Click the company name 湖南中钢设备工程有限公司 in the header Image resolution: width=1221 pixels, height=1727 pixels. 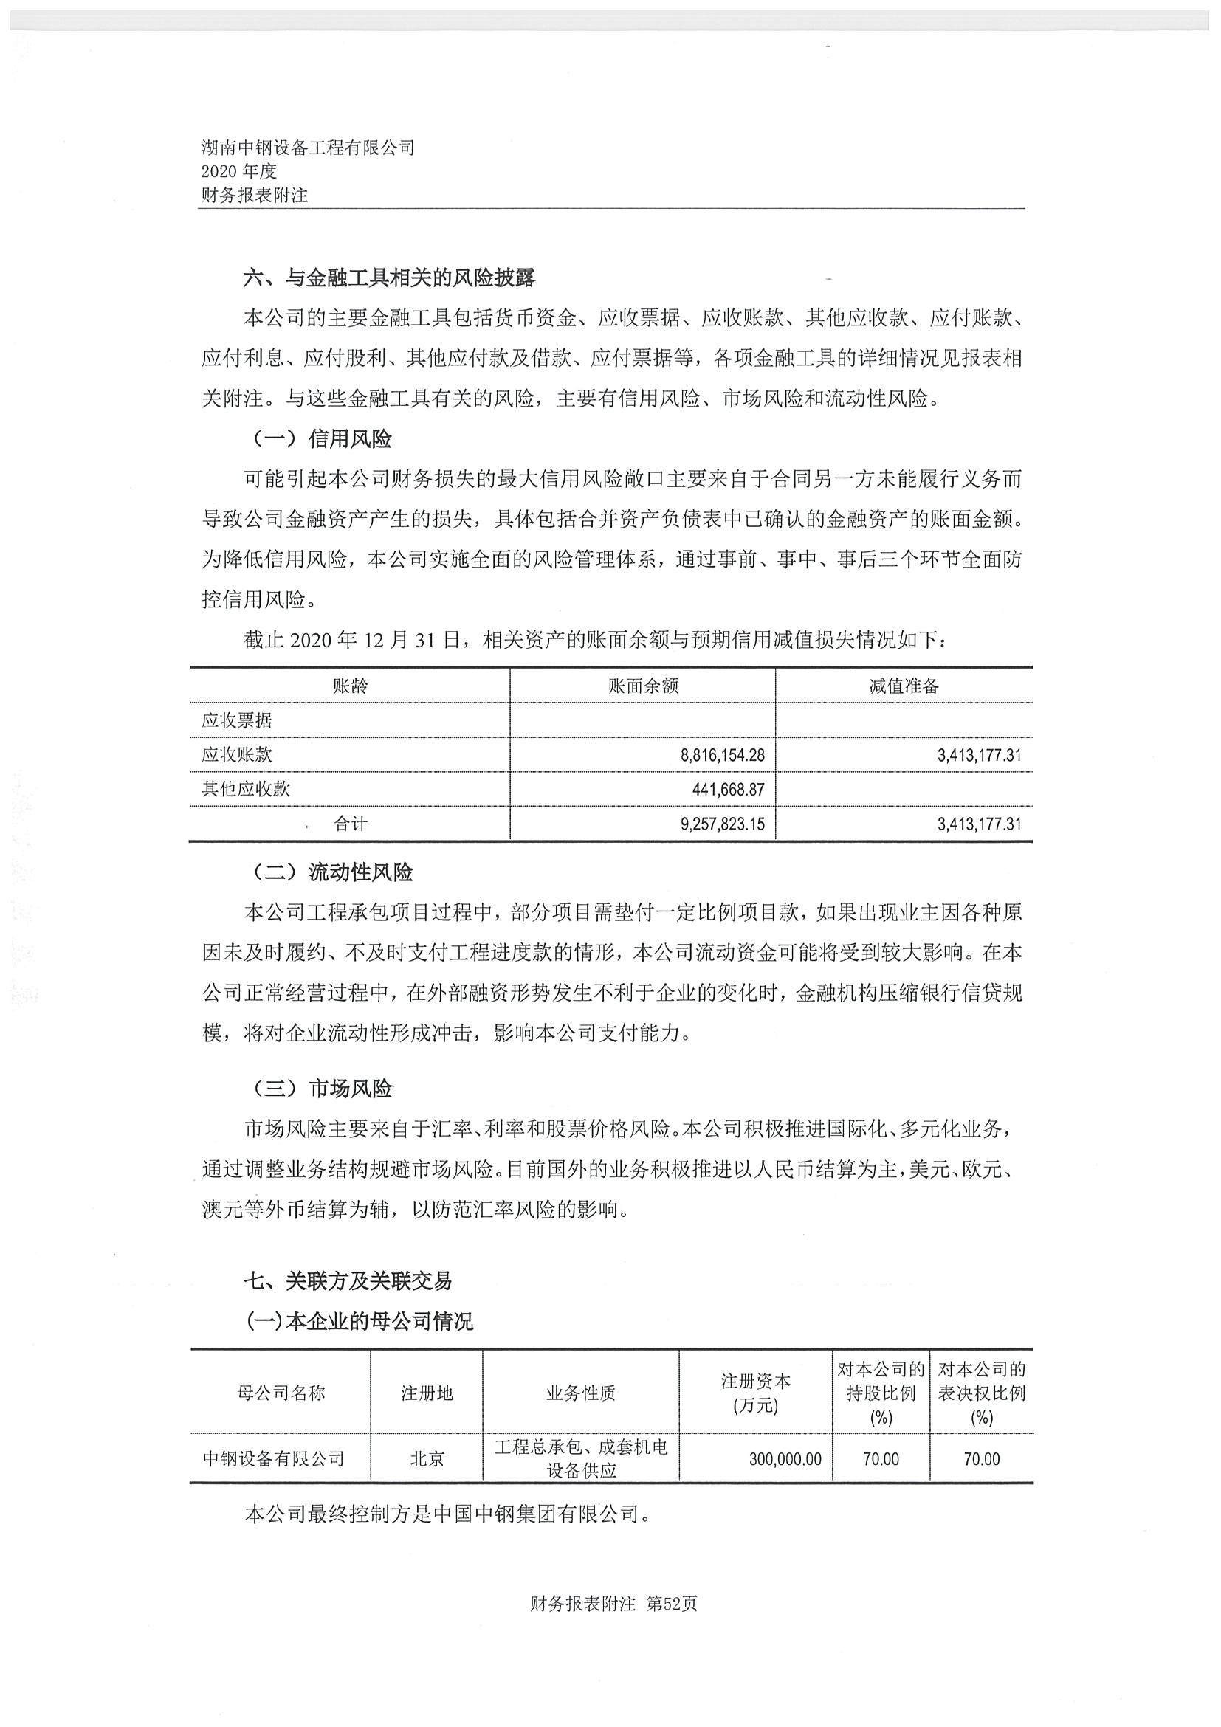308,148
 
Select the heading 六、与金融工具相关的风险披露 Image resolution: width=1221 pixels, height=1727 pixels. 389,278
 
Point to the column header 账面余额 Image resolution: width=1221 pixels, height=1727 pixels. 642,685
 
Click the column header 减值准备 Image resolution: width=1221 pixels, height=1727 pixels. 904,685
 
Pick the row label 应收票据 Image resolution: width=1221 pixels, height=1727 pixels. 236,720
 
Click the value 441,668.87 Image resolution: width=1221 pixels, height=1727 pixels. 728,789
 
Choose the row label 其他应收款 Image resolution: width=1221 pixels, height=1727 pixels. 245,789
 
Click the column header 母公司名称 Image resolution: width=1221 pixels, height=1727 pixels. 281,1393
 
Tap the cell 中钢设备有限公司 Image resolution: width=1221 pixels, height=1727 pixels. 273,1459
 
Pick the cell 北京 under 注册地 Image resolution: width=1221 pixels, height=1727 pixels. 427,1459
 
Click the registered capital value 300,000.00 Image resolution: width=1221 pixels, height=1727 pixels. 785,1459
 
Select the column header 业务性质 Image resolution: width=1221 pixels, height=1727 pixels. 581,1393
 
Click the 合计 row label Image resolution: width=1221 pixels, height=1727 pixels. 350,824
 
